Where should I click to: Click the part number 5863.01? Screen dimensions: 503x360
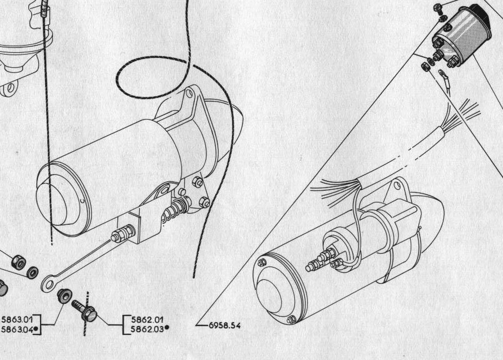tap(17, 319)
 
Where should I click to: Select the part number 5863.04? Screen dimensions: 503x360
tap(17, 329)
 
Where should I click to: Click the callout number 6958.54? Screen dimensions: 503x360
tap(225, 326)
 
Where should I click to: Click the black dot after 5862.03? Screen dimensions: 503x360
tap(167, 328)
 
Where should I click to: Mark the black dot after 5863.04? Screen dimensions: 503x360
tap(36, 328)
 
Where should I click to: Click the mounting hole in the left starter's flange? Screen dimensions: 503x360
tap(189, 93)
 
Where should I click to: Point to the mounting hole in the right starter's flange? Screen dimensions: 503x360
tap(397, 185)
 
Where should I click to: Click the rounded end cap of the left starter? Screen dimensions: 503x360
tap(54, 202)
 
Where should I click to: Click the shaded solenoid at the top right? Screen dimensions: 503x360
tap(462, 35)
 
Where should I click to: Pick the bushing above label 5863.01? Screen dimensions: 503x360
tap(63, 295)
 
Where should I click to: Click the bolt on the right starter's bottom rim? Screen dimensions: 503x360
tap(291, 319)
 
